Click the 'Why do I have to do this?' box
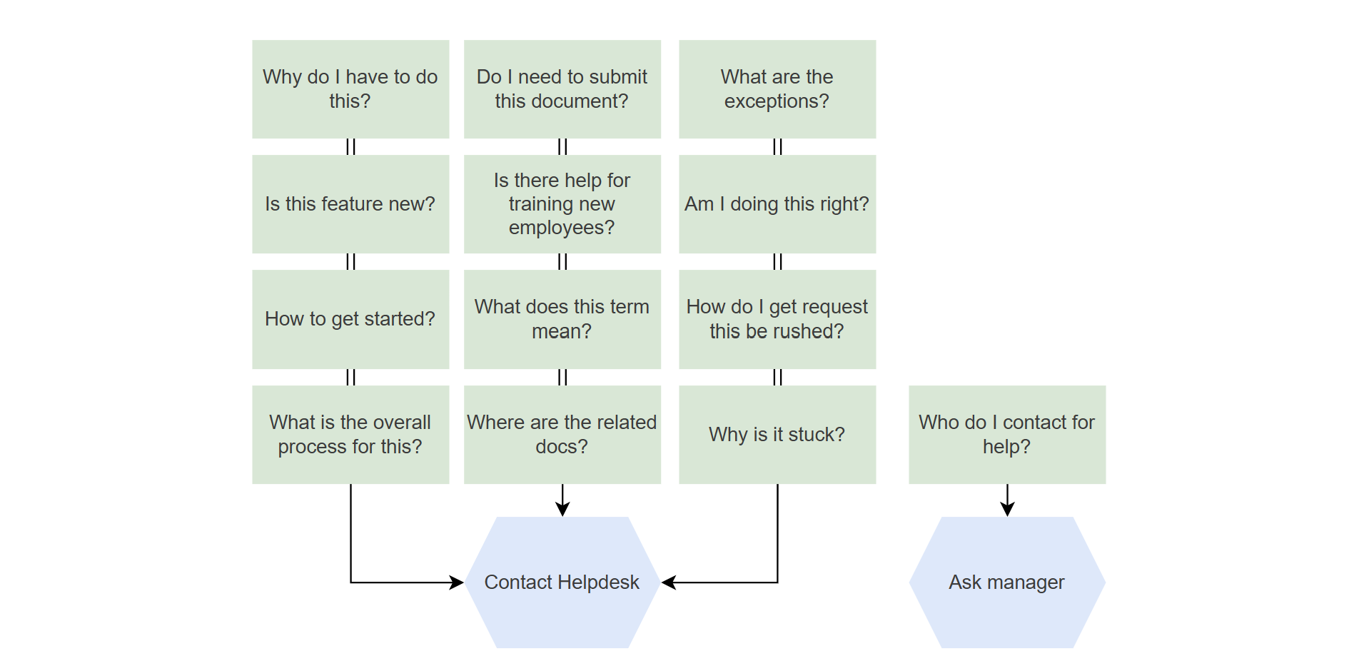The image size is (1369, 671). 350,89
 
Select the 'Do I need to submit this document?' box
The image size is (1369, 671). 562,89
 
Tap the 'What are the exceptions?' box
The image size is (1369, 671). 777,89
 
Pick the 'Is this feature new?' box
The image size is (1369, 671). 350,204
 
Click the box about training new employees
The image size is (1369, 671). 562,204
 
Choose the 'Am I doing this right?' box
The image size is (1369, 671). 777,204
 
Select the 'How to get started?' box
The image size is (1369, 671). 350,319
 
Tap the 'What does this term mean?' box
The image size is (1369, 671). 562,319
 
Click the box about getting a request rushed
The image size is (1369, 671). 777,319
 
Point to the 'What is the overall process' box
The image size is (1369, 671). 350,435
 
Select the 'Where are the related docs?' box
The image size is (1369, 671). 562,435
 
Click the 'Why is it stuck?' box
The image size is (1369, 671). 777,435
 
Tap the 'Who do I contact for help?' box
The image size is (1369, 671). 1007,435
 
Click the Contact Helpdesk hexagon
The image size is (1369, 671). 562,582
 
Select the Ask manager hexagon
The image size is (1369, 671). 1007,582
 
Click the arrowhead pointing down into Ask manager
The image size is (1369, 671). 1007,509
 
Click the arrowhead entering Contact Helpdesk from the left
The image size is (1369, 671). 456,582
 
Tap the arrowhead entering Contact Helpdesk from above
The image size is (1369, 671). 562,509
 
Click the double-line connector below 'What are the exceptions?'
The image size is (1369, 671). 777,147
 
